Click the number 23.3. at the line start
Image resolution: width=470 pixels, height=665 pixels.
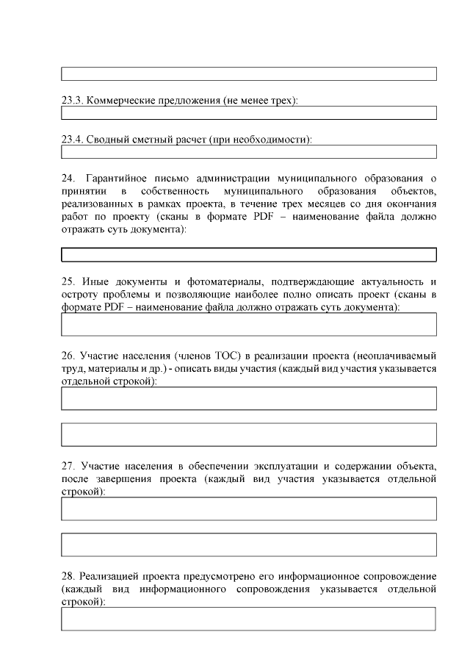(x=72, y=100)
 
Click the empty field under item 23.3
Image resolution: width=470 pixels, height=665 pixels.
(x=248, y=113)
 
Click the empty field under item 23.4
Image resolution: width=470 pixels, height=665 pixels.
(x=248, y=152)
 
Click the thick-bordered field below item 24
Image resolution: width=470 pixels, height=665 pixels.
(x=248, y=255)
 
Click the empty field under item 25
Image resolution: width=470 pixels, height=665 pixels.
(x=248, y=324)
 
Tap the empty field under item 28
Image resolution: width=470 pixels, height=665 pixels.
(x=248, y=619)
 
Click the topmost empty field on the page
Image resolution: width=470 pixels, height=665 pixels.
(x=248, y=73)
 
